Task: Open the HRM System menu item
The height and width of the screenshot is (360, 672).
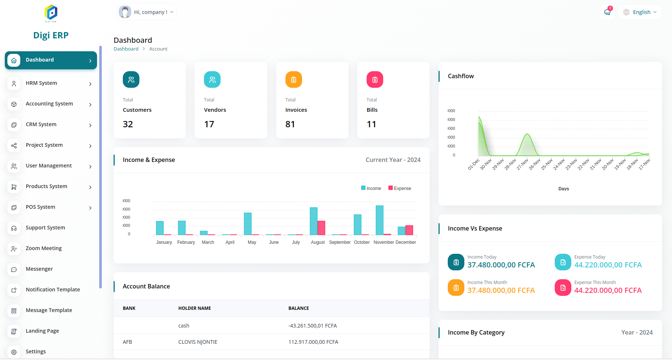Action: (x=41, y=83)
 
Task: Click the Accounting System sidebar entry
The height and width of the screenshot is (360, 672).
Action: (x=49, y=104)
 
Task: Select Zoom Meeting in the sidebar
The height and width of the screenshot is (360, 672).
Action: (x=44, y=249)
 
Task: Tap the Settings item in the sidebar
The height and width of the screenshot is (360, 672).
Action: (x=36, y=352)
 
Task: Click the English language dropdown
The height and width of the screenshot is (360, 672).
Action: (x=640, y=12)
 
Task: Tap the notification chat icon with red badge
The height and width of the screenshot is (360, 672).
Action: (x=607, y=12)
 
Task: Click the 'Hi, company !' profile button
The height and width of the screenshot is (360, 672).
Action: (x=146, y=12)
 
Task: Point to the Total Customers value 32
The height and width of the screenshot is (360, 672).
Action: (x=128, y=125)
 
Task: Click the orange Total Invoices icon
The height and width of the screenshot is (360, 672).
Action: (x=294, y=80)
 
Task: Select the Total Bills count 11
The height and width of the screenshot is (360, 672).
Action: (x=371, y=125)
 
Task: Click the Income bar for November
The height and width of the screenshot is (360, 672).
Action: (x=380, y=220)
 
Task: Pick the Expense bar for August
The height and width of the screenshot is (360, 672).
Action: (x=321, y=228)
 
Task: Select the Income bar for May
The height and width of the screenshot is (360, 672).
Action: (x=248, y=224)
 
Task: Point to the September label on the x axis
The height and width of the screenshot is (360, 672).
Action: (x=340, y=242)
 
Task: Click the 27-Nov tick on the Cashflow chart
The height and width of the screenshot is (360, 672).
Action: (x=523, y=164)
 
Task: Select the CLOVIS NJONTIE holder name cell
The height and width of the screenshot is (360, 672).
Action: (x=198, y=342)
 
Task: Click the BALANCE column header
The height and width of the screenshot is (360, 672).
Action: (x=298, y=308)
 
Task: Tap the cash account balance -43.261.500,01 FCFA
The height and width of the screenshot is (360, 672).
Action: (x=312, y=326)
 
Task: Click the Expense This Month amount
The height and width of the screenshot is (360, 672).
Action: (x=608, y=291)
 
